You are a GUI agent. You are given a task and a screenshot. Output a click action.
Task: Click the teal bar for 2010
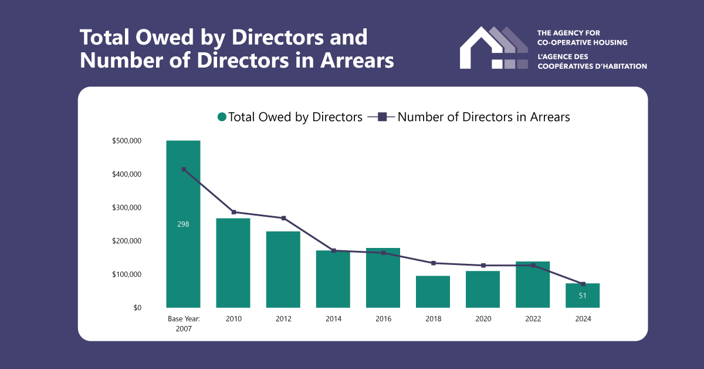pyautogui.click(x=233, y=263)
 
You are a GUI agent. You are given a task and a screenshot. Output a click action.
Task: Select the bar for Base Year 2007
pyautogui.click(x=183, y=259)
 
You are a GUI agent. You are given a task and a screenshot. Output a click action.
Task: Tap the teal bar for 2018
pyautogui.click(x=433, y=291)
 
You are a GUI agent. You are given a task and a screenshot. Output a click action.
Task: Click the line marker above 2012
pyautogui.click(x=283, y=218)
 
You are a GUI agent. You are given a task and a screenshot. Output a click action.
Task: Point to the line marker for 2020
pyautogui.click(x=483, y=266)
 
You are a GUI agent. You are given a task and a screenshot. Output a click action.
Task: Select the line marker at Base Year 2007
pyautogui.click(x=184, y=169)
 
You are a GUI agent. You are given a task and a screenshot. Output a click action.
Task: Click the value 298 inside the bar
pyautogui.click(x=183, y=224)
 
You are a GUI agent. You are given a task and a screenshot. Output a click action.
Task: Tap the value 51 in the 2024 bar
pyautogui.click(x=583, y=296)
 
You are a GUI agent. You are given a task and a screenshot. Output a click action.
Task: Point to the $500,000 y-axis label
pyautogui.click(x=127, y=141)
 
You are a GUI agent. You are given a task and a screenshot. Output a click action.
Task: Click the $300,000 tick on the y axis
pyautogui.click(x=127, y=207)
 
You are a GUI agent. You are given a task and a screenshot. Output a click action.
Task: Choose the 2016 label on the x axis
pyautogui.click(x=383, y=319)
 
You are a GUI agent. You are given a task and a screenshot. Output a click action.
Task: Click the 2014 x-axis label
pyautogui.click(x=333, y=319)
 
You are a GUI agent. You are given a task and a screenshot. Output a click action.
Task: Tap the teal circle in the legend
pyautogui.click(x=222, y=117)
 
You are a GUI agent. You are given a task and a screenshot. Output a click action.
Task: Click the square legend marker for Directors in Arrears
pyautogui.click(x=382, y=117)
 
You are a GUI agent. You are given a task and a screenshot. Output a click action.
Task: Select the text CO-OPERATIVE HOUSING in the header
pyautogui.click(x=583, y=42)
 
